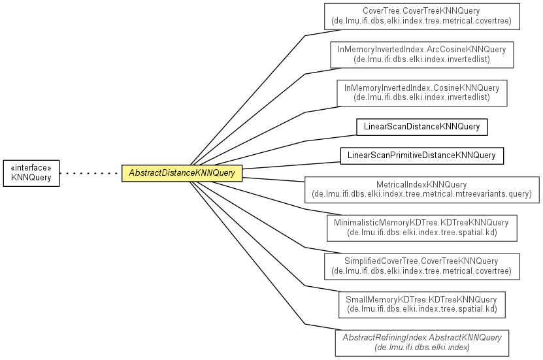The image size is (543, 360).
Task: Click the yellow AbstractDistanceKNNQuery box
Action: (x=182, y=173)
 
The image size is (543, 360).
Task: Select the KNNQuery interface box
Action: (x=31, y=173)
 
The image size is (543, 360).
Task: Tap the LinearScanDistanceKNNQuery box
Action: (x=422, y=127)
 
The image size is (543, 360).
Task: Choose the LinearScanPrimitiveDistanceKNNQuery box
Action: (x=422, y=155)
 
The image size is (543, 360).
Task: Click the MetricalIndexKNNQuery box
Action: (x=422, y=189)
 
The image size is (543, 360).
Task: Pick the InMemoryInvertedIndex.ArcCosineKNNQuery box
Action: (x=422, y=55)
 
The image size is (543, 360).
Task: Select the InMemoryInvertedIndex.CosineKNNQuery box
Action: (x=422, y=93)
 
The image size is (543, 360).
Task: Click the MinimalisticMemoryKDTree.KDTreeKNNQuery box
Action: (x=422, y=228)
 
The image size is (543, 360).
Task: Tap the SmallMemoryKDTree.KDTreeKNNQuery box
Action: (x=422, y=305)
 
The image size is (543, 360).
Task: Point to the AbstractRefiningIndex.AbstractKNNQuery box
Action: (x=422, y=343)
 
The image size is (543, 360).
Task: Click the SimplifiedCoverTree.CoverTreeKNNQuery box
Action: (x=422, y=267)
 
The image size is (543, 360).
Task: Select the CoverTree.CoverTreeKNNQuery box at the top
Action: (x=422, y=16)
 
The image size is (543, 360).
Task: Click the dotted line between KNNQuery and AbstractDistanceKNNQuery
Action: (x=90, y=173)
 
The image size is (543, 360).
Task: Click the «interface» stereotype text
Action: (x=31, y=168)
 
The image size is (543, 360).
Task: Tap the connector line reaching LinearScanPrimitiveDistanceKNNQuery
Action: (x=291, y=165)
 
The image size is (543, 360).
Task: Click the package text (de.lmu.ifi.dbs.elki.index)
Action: (x=422, y=348)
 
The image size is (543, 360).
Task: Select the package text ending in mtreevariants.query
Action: (x=422, y=194)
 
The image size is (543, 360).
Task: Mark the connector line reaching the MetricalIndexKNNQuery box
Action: (x=273, y=179)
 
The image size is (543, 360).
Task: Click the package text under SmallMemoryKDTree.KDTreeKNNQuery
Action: (x=422, y=309)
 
